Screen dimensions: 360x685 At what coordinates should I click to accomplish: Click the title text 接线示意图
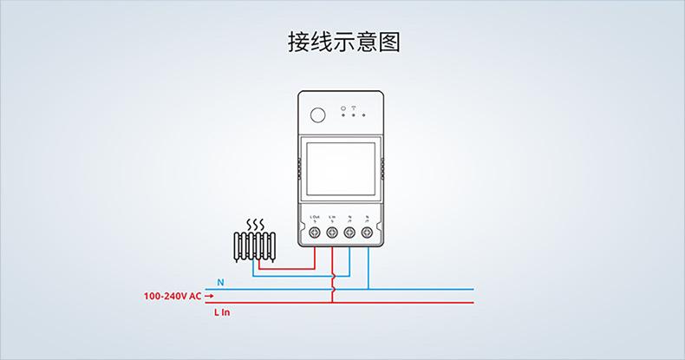pyautogui.click(x=343, y=43)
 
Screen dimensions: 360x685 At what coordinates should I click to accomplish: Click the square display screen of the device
pyautogui.click(x=341, y=170)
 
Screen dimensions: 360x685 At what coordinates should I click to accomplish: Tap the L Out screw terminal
pyautogui.click(x=314, y=232)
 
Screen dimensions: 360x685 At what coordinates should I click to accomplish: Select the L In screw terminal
pyautogui.click(x=332, y=232)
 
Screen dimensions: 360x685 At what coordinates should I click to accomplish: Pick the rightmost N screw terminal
pyautogui.click(x=368, y=232)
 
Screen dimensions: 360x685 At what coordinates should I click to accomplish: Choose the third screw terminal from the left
pyautogui.click(x=349, y=232)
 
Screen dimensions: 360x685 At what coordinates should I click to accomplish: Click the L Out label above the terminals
pyautogui.click(x=314, y=218)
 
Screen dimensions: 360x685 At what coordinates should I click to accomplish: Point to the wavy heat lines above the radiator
pyautogui.click(x=254, y=225)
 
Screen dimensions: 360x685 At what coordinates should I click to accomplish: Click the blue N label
pyautogui.click(x=220, y=283)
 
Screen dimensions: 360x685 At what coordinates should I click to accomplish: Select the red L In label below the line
pyautogui.click(x=222, y=312)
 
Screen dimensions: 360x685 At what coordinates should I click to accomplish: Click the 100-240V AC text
pyautogui.click(x=172, y=296)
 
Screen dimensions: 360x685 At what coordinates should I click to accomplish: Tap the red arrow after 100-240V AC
pyautogui.click(x=209, y=296)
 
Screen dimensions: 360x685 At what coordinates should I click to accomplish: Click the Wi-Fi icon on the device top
pyautogui.click(x=354, y=108)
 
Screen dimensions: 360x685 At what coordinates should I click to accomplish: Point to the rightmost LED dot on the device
pyautogui.click(x=364, y=115)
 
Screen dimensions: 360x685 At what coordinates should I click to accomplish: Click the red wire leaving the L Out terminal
pyautogui.click(x=314, y=257)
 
